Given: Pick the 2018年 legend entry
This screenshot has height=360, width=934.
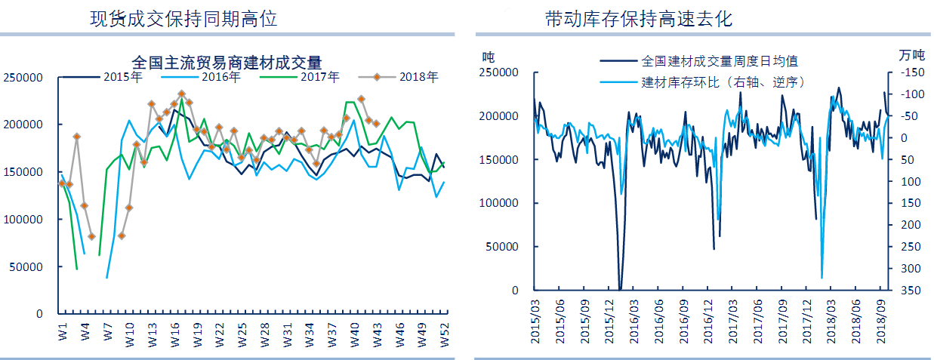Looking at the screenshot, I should click(x=418, y=76).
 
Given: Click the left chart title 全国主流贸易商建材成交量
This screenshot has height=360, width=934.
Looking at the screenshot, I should click(x=227, y=61).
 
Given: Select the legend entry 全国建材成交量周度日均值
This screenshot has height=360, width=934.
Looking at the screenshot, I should click(x=719, y=60).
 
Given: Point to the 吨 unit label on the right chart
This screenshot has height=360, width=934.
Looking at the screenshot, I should click(x=489, y=56).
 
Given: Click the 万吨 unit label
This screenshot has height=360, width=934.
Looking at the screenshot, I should click(x=911, y=55).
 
